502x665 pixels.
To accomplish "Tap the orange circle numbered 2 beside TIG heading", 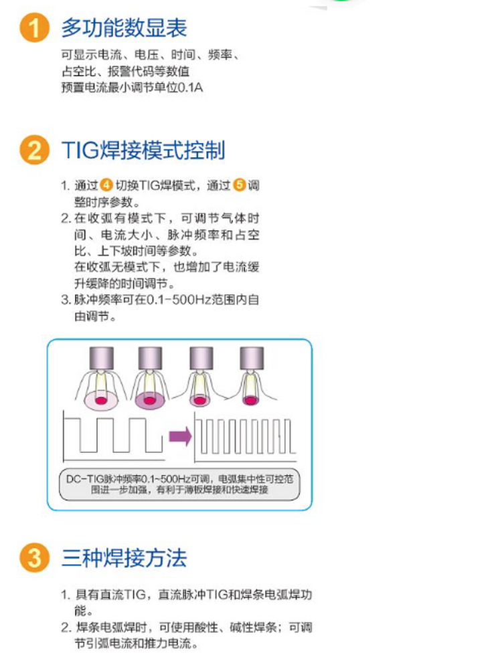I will pos(34,149).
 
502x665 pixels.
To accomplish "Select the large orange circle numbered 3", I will pos(34,557).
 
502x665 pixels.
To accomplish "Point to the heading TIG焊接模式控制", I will pos(143,149).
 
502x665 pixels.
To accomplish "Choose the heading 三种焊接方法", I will pos(124,557).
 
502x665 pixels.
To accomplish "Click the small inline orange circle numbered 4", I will pos(106,186).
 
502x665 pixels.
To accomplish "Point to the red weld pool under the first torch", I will pos(102,399).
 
